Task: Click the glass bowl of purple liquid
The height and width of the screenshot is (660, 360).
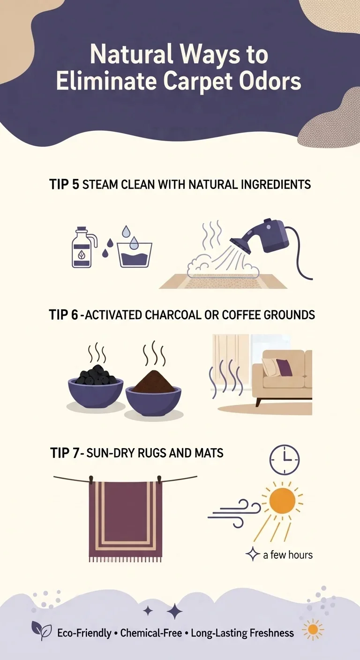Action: [x=135, y=255]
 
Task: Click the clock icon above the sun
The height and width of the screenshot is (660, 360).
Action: [x=284, y=460]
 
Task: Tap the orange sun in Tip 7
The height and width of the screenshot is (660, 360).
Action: [x=282, y=500]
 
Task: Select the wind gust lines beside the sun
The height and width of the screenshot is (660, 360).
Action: [x=234, y=509]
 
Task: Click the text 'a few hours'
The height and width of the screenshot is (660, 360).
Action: [x=287, y=555]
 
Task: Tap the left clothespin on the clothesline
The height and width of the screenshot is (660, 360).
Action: [x=91, y=478]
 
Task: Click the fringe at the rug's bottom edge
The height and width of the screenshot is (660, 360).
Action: [x=125, y=559]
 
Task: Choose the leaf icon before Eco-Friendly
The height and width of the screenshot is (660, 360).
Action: [x=41, y=630]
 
